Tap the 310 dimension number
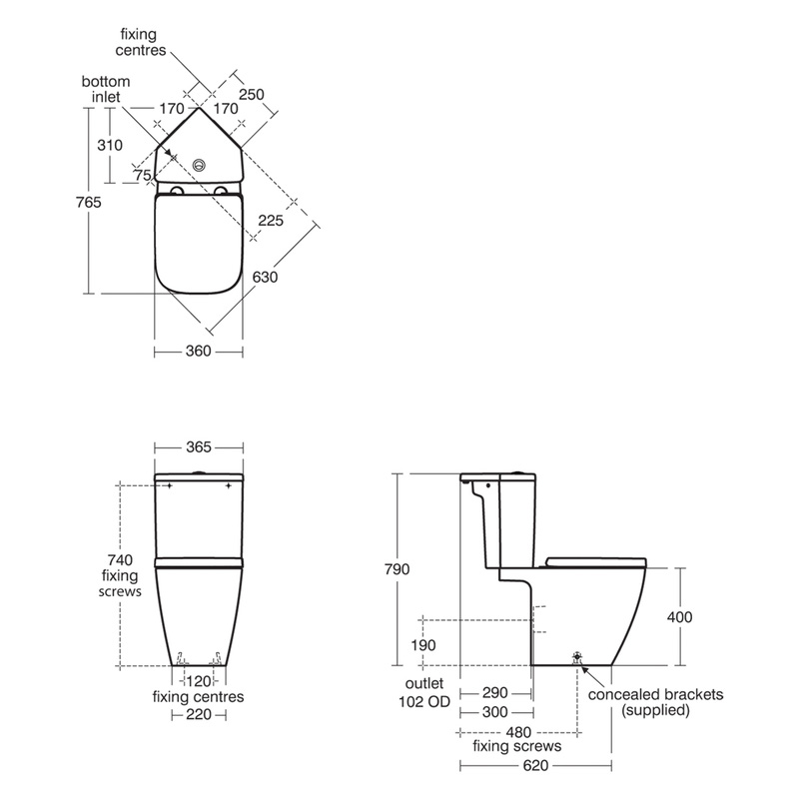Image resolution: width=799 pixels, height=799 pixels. pyautogui.click(x=111, y=145)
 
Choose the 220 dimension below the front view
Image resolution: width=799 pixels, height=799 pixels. pyautogui.click(x=198, y=715)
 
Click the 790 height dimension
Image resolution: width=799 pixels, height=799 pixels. pyautogui.click(x=398, y=569)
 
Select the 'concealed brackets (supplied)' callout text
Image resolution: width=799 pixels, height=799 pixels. pyautogui.click(x=655, y=702)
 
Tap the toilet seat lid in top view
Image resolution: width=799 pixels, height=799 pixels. pyautogui.click(x=200, y=243)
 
